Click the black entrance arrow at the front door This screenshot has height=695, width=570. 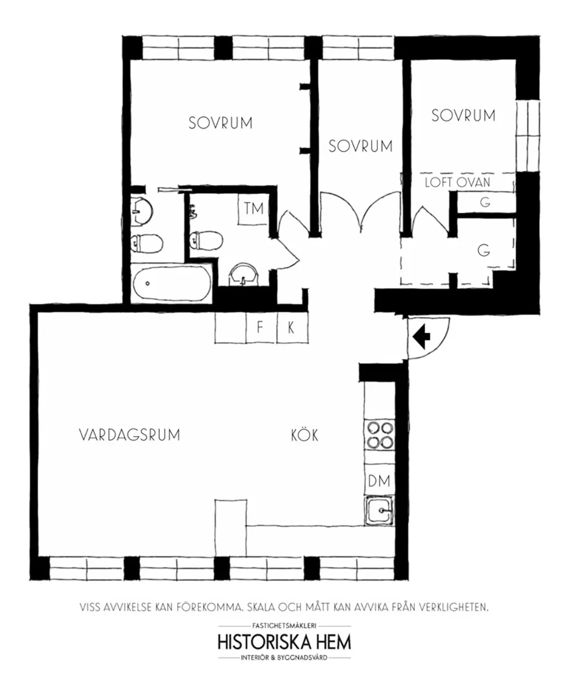pos(421,336)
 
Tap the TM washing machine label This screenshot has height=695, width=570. pos(254,209)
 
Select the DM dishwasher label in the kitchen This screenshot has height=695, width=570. pos(379,481)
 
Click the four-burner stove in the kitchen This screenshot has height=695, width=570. pos(380,435)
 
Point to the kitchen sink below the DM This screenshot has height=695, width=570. pos(380,510)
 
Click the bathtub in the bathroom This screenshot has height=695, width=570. pos(172,283)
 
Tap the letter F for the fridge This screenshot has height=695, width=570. pos(260,328)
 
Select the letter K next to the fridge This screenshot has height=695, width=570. pos(291,328)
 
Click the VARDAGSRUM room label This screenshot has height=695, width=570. pos(129,435)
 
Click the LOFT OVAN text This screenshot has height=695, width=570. pos(457,182)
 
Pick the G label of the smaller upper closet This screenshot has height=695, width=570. pos(485,202)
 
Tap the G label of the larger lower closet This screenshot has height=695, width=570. pos(484,251)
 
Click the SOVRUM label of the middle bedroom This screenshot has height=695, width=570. pos(361,147)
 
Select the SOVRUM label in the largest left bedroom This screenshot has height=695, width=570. pos(221,123)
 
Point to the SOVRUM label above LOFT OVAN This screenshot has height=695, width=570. pos(463,116)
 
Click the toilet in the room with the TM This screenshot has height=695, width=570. pos(206,240)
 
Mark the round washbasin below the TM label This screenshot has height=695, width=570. pos(244,274)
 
